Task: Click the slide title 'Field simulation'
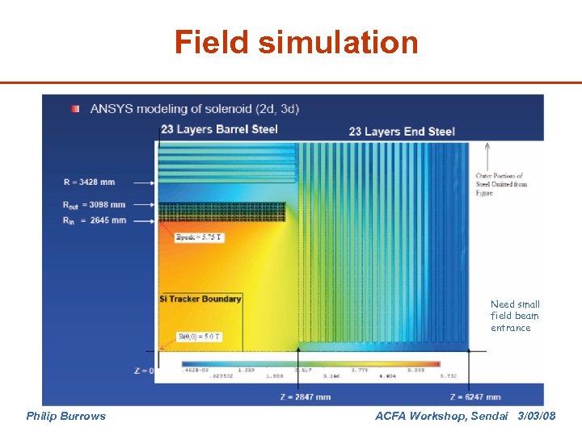point(297,42)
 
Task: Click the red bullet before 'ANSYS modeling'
point(74,108)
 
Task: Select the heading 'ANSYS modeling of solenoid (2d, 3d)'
point(194,108)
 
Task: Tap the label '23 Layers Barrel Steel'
point(218,129)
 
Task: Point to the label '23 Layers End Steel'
point(402,131)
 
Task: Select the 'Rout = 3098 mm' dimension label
point(94,205)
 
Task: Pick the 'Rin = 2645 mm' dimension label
point(94,220)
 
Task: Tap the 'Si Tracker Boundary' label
point(200,299)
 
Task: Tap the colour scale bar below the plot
point(310,364)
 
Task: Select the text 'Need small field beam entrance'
point(514,316)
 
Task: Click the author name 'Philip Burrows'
point(65,416)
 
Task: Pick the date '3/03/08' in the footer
point(537,416)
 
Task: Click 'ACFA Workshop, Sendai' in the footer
point(442,416)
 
